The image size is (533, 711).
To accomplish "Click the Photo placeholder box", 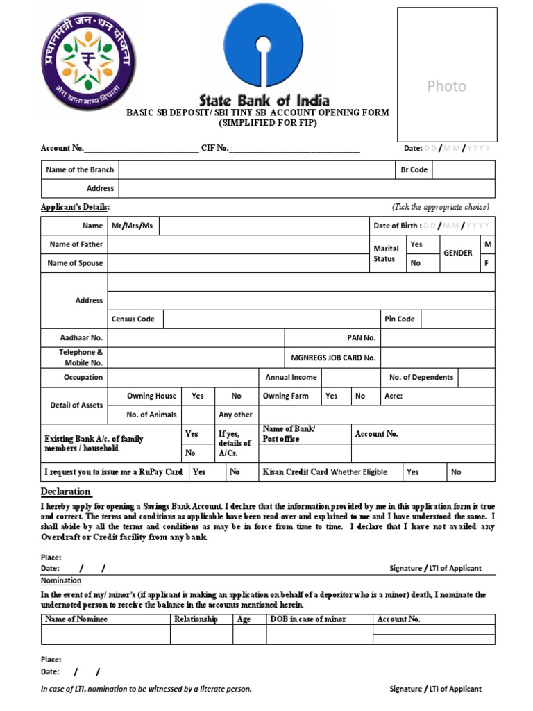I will (446, 75).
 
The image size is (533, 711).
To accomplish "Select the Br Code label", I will (414, 169).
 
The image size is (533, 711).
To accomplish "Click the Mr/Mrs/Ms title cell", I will (132, 226).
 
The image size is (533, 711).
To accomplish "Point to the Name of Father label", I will (76, 244).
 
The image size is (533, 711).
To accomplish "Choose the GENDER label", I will (458, 253).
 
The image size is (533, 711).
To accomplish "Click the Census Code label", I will (133, 319).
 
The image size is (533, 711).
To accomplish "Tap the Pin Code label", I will (399, 319).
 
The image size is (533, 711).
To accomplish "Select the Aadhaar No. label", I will (81, 338).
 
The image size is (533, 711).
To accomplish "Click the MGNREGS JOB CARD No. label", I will (333, 358).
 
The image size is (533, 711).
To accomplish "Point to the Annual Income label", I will (291, 377).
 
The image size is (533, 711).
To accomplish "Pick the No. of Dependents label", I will (421, 377).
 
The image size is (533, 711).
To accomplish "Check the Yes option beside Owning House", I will (198, 396).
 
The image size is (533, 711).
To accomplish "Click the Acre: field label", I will (394, 396).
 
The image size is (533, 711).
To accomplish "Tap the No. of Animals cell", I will (151, 415).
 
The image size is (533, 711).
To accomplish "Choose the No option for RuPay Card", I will (235, 472).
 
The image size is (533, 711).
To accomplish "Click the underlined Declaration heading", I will (65, 492).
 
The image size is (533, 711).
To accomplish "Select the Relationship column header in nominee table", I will (196, 619).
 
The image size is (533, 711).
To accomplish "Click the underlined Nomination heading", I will (61, 580).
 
